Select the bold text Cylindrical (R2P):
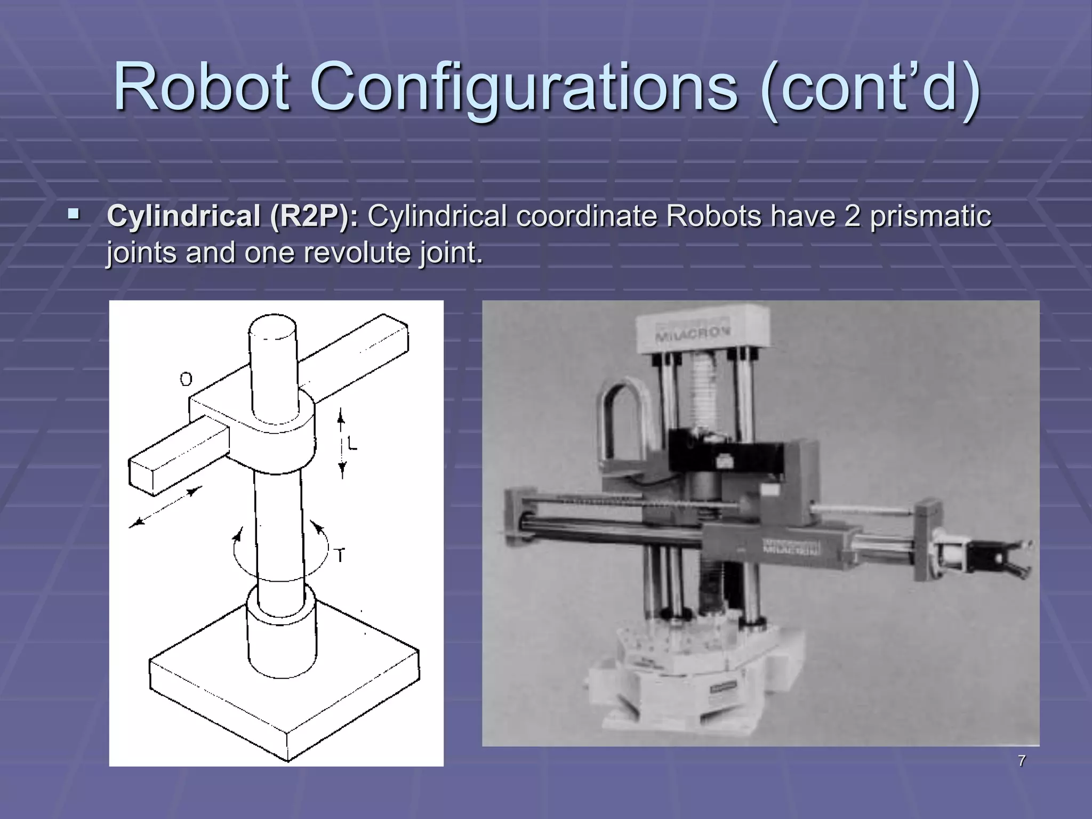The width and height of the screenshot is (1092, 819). click(233, 216)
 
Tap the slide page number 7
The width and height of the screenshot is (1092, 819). click(1022, 761)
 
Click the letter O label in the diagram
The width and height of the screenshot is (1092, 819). click(186, 380)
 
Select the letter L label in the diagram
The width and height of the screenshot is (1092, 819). click(352, 444)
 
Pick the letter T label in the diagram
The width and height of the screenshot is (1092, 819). click(340, 556)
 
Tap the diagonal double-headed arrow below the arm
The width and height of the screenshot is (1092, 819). click(165, 507)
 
